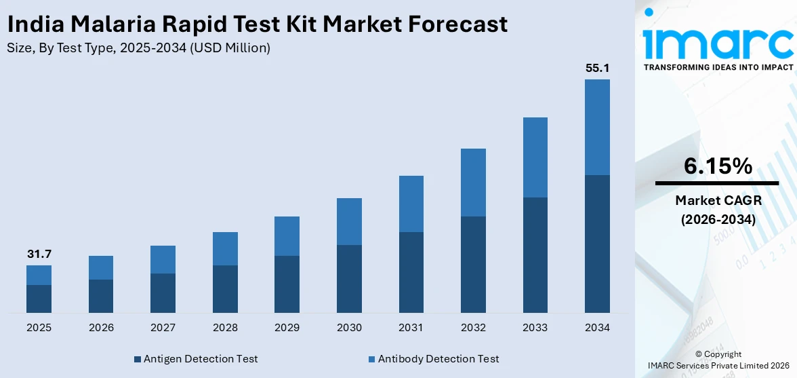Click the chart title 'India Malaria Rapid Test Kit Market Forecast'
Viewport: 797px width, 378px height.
pos(257,24)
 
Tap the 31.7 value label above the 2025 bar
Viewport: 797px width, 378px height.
pos(39,254)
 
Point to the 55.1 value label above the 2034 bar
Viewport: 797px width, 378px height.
pos(597,69)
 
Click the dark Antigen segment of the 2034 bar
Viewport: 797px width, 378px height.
pos(597,244)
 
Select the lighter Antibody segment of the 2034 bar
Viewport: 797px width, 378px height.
pos(597,127)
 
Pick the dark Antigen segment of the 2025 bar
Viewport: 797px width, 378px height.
pos(39,299)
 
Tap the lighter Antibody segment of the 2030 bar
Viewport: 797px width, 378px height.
pos(349,221)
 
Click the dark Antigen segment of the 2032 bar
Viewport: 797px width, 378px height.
pos(473,264)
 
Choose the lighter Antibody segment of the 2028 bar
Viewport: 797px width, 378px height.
pos(225,248)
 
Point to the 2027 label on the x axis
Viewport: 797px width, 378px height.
pos(163,328)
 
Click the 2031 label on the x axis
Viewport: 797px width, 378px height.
pos(411,328)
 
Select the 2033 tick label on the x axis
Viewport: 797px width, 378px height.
pos(535,328)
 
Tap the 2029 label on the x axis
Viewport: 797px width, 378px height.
pos(287,328)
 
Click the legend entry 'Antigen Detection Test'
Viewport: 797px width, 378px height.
pos(196,358)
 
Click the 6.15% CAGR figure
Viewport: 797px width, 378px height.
pos(718,166)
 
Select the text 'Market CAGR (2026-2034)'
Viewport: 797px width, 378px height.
pos(718,210)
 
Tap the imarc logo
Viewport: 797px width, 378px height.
pos(718,41)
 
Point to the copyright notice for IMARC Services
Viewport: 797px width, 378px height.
pos(718,360)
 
